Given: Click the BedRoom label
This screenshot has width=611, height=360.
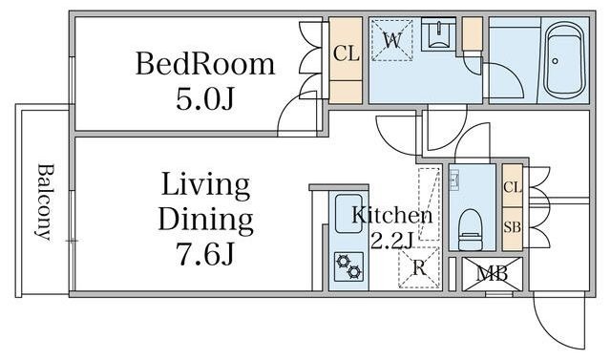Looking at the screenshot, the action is coord(205,64).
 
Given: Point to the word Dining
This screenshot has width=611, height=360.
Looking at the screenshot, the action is coord(206,220).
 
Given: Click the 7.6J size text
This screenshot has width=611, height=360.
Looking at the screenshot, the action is coord(206,254).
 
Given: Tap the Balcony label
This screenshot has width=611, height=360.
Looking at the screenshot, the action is coord(45,202).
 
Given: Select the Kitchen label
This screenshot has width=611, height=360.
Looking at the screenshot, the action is coord(392,216).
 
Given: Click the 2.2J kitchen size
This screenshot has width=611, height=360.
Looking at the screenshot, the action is coord(391,242).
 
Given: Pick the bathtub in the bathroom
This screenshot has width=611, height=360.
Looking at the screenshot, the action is coord(564,60).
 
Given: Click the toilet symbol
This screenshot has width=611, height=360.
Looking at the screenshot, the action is coord(471,229).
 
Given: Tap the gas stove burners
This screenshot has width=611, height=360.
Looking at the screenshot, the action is coord(348,266).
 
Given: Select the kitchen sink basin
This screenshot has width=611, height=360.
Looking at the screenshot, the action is coord(348,214).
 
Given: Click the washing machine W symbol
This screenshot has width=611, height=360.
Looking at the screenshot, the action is coord(391,40).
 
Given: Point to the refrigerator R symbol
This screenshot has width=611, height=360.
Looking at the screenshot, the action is coord(419,267).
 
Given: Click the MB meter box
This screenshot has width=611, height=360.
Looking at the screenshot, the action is coord(493,274).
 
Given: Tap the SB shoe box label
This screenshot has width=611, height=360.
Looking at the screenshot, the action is coord(513,226).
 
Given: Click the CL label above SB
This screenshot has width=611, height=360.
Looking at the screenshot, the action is coord(513,187).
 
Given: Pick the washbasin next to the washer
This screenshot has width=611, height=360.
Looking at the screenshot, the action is coord(439,33).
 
